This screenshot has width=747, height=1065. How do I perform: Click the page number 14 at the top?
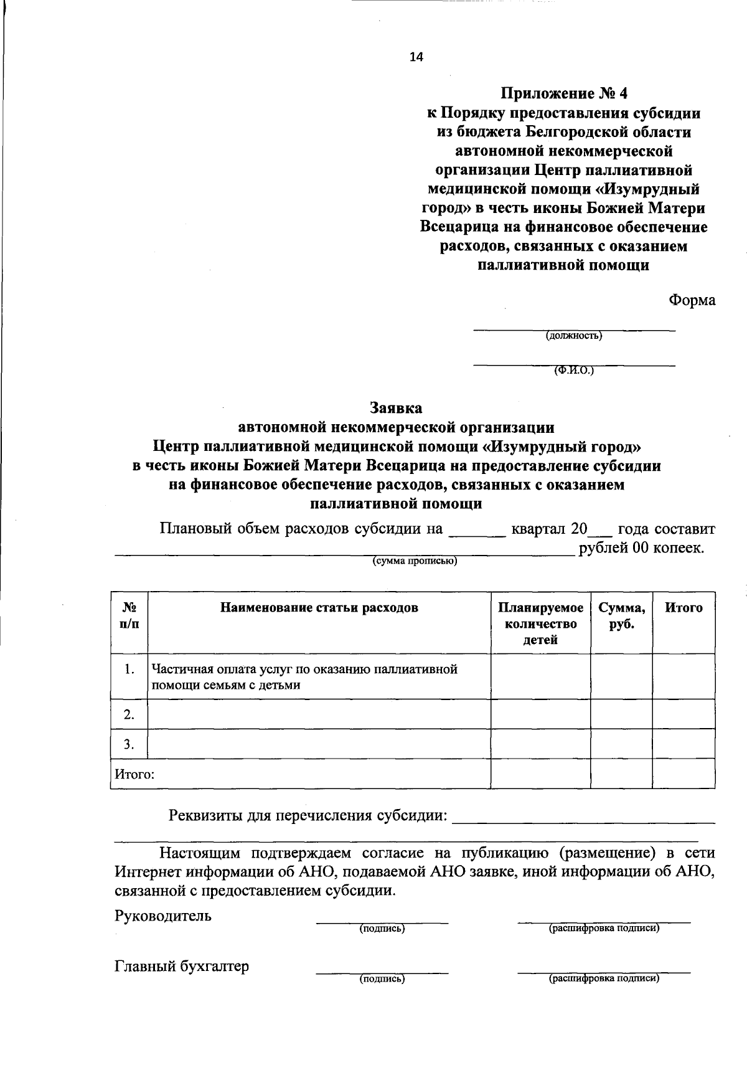416,57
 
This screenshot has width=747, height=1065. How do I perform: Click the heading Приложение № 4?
565,93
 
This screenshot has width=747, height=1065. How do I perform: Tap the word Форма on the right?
692,300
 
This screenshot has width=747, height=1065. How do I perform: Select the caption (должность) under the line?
574,336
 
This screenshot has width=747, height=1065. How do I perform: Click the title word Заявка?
396,408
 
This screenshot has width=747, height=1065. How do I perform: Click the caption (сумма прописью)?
415,561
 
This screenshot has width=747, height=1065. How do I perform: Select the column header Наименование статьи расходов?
319,608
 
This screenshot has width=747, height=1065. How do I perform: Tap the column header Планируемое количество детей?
540,623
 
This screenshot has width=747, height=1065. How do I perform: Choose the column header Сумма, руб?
621,616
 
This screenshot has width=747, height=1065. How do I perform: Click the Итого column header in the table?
684,608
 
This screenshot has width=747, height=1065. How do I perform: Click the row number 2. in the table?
129,714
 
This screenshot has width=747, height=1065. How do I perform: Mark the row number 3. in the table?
129,744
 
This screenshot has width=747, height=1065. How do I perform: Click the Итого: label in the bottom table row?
134,774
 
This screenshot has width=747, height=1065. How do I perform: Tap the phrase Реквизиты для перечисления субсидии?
309,816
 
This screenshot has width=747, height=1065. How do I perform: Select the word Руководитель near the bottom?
163,916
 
